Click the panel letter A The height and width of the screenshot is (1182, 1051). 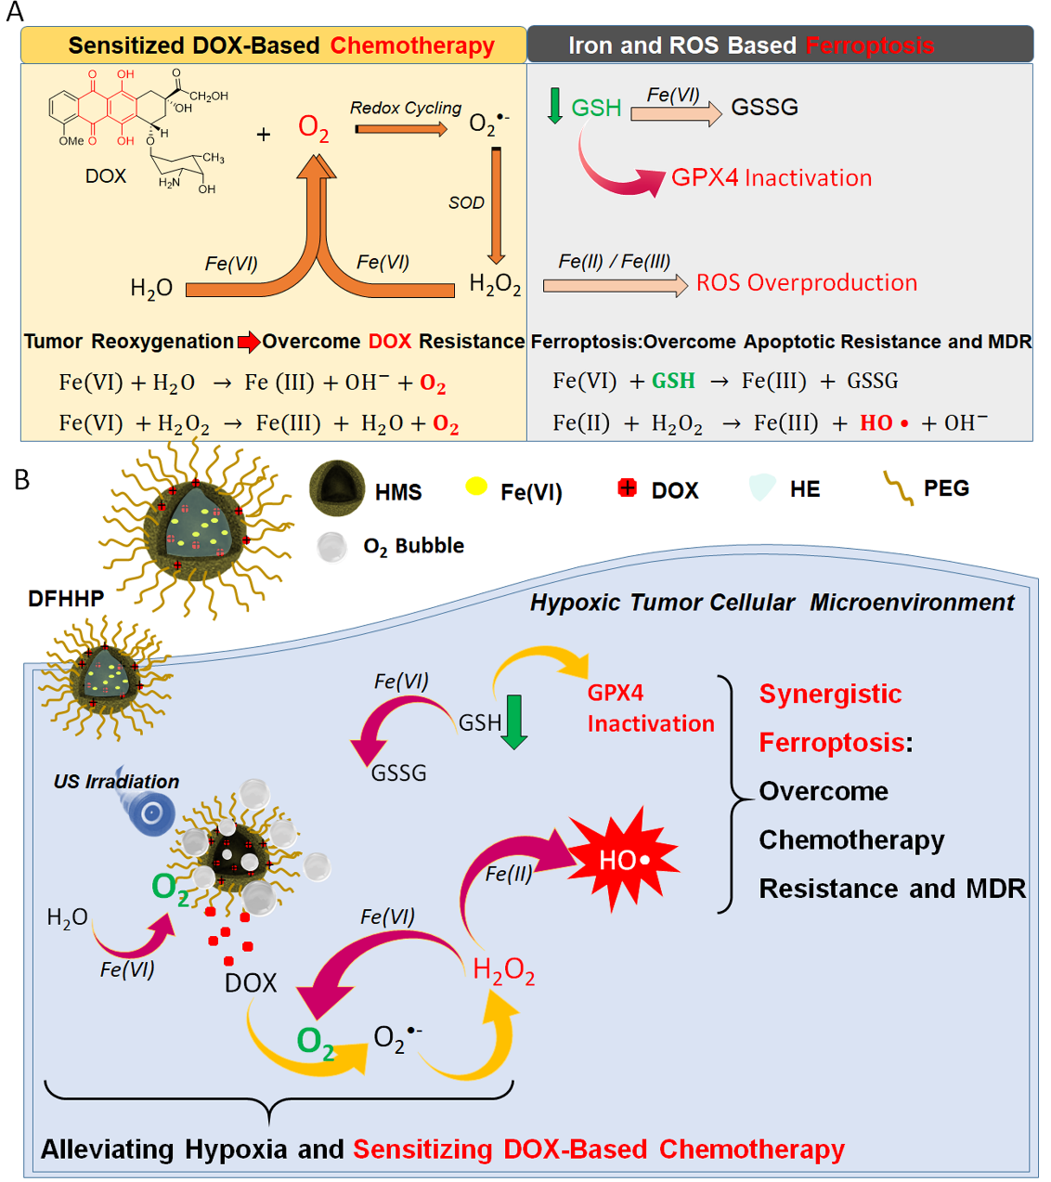(14, 12)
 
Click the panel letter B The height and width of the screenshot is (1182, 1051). (21, 479)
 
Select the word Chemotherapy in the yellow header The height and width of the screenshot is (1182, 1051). (412, 45)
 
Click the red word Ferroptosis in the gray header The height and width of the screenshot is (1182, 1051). (870, 45)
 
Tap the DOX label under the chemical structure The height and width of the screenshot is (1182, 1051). (105, 176)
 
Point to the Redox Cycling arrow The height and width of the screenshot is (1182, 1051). (401, 129)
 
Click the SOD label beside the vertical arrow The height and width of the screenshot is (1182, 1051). (466, 202)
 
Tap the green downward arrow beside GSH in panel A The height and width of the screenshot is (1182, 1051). (555, 106)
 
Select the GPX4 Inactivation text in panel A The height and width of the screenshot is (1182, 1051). (771, 177)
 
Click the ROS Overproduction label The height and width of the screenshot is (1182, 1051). (806, 282)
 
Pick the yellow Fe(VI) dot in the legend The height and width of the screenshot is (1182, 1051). (476, 487)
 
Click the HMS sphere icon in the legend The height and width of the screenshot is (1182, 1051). (336, 488)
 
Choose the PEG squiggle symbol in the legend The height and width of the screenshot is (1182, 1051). (898, 487)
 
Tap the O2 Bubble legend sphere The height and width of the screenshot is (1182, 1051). (331, 547)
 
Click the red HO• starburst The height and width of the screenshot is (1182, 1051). (623, 860)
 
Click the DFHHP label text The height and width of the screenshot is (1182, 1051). (66, 599)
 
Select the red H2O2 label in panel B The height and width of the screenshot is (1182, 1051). (503, 971)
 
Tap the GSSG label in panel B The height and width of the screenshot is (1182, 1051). (398, 773)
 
